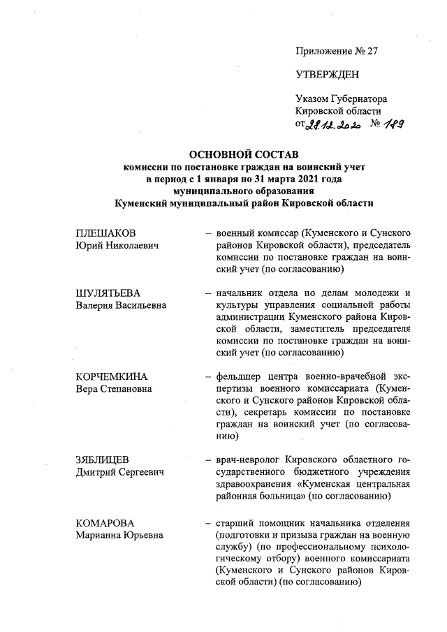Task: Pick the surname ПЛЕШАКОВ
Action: point(105,233)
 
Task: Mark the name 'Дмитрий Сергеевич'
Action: point(119,474)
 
